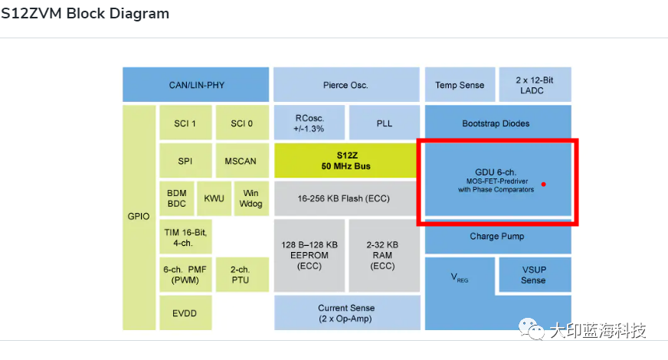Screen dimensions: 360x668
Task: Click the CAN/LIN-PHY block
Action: tap(195, 84)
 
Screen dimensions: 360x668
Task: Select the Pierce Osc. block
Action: tap(346, 84)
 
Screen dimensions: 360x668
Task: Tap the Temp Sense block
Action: tap(460, 84)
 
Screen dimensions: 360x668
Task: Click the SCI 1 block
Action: tap(185, 123)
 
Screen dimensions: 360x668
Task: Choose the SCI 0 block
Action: tap(241, 123)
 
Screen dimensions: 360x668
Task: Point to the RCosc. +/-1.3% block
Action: tap(309, 123)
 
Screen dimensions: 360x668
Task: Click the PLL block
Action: tap(384, 123)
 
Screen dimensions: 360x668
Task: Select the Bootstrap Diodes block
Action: tap(496, 123)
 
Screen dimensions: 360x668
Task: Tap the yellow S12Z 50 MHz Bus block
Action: tap(346, 160)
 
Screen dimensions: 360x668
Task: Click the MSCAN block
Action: tap(241, 161)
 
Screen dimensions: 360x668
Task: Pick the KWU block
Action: tap(214, 198)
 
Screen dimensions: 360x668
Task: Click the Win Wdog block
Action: tap(251, 198)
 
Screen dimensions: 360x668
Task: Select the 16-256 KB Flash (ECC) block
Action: tap(346, 198)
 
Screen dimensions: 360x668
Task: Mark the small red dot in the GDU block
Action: tap(543, 184)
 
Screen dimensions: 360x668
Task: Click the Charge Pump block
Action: tap(496, 236)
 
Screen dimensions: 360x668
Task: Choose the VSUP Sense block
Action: tap(533, 275)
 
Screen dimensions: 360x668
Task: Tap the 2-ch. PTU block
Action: tap(241, 275)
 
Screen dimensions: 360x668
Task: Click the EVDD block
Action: tap(185, 313)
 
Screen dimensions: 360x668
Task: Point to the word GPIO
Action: tap(139, 217)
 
